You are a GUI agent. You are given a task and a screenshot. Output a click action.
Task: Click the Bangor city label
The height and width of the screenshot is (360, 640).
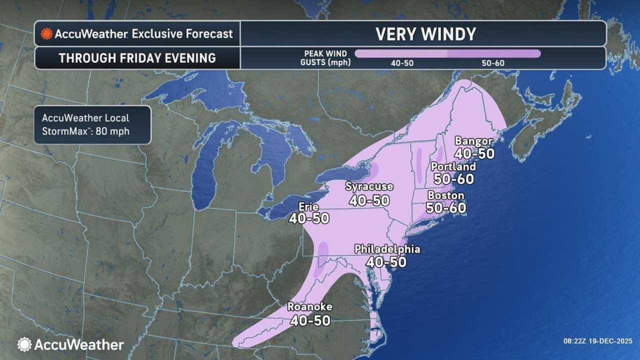click(473, 141)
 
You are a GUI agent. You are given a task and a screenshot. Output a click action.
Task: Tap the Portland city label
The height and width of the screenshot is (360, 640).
click(453, 166)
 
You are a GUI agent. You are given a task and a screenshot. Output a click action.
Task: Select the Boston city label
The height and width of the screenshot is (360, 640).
click(446, 195)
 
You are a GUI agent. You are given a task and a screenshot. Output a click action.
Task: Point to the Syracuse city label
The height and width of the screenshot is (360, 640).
click(369, 186)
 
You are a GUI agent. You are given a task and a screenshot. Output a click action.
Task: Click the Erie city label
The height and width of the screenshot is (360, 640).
click(308, 206)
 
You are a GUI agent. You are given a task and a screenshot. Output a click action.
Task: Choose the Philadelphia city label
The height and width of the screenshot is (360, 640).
click(387, 249)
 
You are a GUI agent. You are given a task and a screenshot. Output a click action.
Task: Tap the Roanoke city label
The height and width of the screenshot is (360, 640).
click(310, 307)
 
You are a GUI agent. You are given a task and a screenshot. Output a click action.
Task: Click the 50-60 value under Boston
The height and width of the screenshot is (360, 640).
click(446, 207)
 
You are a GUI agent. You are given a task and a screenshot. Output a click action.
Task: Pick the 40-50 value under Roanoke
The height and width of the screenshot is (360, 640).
click(310, 320)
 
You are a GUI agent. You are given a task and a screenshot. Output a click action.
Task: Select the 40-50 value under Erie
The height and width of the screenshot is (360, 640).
click(308, 218)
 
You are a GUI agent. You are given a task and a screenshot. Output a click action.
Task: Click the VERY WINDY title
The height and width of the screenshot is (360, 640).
click(425, 34)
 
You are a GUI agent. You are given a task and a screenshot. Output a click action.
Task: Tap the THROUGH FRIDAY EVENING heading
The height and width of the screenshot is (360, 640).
click(137, 58)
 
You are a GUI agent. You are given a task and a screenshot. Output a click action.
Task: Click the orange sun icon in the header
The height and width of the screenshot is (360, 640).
click(47, 34)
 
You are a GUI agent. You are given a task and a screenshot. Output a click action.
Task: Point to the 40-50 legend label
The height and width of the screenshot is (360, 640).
click(401, 63)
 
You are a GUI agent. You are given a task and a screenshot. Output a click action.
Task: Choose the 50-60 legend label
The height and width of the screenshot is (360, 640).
click(493, 63)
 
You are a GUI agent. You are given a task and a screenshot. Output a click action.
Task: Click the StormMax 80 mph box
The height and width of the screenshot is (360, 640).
click(92, 125)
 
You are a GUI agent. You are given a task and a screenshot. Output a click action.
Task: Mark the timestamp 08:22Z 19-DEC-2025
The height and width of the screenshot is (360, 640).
click(597, 341)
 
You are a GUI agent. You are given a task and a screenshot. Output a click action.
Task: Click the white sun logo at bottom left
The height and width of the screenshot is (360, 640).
click(24, 344)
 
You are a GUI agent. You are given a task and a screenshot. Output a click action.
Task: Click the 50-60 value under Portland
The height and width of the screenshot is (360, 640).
click(453, 178)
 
